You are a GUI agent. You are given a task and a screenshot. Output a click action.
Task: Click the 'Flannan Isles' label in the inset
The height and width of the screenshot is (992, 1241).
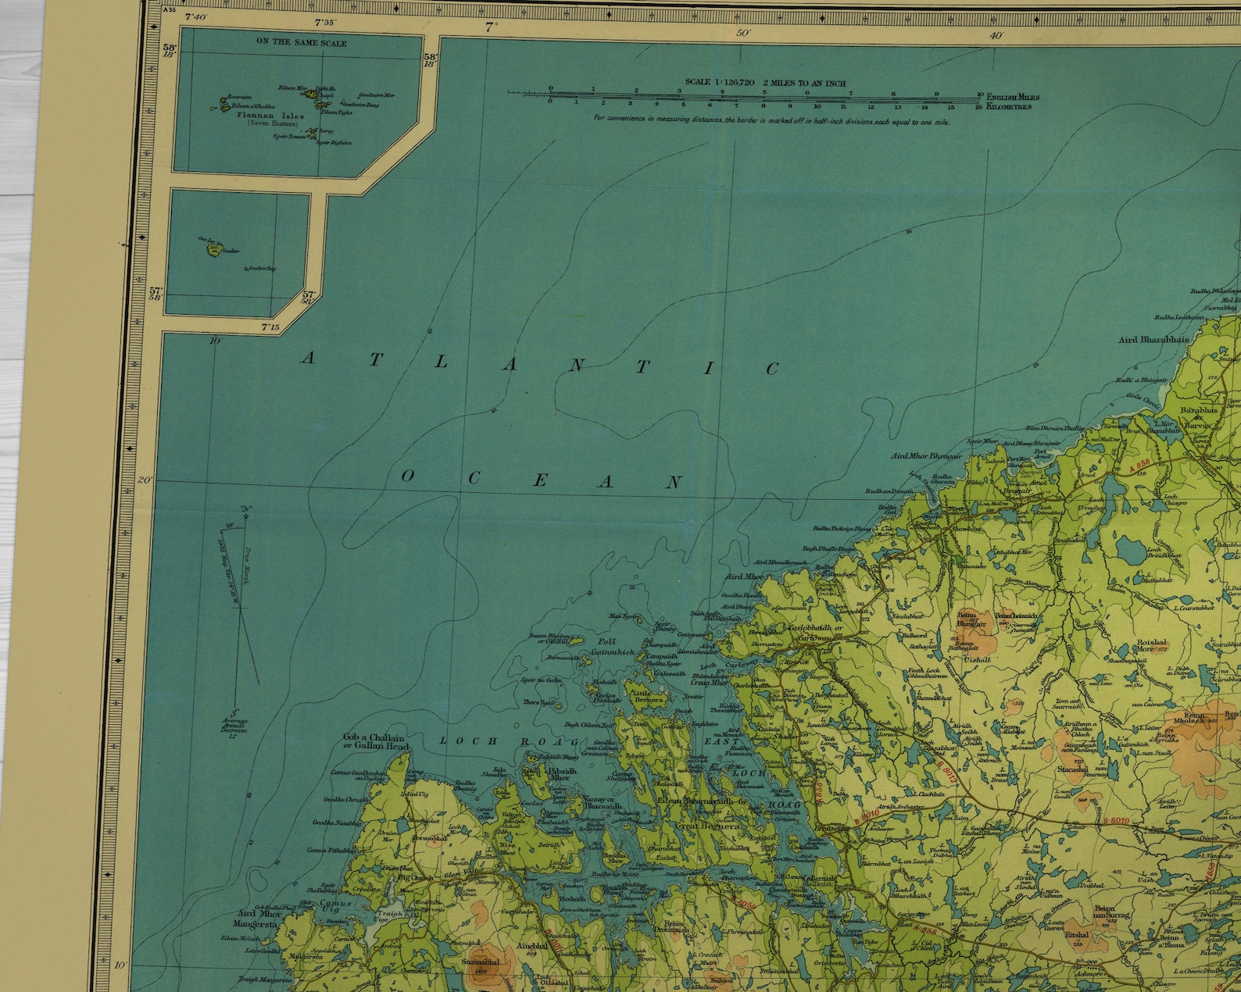point(270,117)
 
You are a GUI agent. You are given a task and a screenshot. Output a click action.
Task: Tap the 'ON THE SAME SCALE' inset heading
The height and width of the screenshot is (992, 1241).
point(302,42)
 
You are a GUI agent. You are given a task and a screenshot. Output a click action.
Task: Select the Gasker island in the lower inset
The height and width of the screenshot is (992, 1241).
point(213,250)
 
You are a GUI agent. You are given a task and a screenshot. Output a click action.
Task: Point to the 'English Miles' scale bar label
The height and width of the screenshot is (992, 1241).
point(1013,97)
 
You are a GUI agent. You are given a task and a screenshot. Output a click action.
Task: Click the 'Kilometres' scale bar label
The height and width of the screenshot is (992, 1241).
point(1009,106)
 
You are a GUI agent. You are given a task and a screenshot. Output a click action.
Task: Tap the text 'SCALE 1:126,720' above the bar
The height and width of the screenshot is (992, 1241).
point(719,82)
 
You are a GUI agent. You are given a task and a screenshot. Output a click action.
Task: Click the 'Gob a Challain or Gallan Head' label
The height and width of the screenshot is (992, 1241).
point(376,741)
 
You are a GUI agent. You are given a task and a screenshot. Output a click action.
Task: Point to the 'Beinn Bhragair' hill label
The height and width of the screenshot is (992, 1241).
point(971,619)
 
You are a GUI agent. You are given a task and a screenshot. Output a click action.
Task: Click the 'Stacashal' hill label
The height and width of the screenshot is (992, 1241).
point(1072,770)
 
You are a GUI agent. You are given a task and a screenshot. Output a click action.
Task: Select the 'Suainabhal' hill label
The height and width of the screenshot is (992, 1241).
point(475,963)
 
